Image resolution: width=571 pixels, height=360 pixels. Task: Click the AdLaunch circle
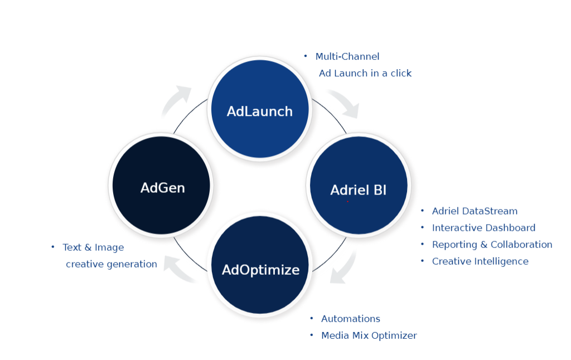coord(259,110)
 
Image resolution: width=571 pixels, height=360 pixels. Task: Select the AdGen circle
coord(162,186)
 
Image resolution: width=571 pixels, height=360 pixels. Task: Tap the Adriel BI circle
coord(358,186)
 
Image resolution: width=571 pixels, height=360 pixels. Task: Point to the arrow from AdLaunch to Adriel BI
coord(343,104)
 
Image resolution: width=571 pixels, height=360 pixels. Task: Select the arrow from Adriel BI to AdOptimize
coord(343,268)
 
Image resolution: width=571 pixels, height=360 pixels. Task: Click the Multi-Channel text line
coord(347,56)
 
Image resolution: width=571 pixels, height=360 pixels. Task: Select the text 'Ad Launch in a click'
coord(365,73)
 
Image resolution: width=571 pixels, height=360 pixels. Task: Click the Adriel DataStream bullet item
coord(475,211)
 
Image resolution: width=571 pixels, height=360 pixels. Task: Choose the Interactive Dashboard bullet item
coord(483,228)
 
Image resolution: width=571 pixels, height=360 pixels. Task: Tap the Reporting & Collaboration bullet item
coord(492,245)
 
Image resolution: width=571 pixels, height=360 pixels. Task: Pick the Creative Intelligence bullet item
coord(480,261)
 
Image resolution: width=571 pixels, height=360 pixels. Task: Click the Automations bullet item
coord(350,319)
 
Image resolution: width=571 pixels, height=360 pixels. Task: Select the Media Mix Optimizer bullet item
coord(369,335)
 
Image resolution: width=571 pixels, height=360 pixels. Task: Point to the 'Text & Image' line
coord(93,247)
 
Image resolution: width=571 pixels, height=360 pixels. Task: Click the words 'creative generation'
coord(111,264)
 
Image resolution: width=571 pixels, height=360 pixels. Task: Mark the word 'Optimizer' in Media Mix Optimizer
coord(394,335)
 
